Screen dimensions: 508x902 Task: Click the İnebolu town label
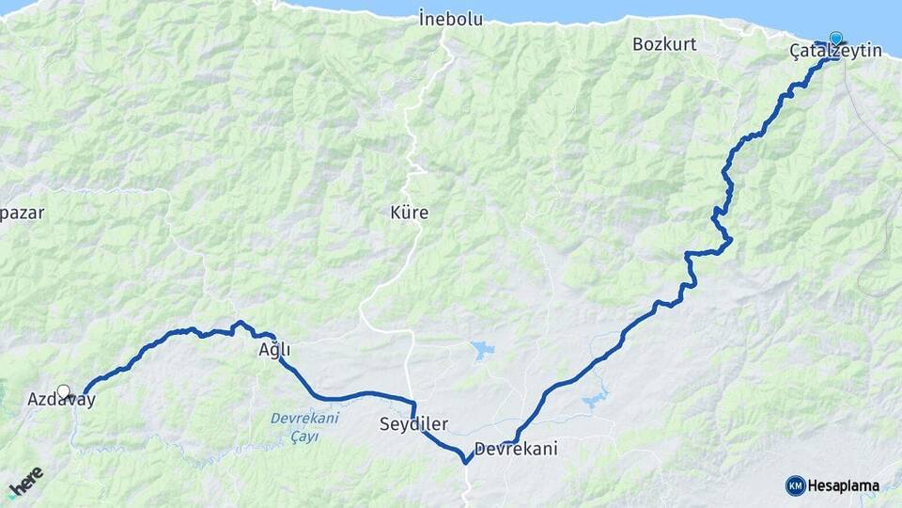(451, 18)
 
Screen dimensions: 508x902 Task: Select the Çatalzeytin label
(835, 51)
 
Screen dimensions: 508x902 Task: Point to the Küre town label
(409, 213)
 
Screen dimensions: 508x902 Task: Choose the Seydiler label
(413, 424)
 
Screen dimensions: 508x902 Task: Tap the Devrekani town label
(516, 449)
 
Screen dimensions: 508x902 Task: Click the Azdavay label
(61, 400)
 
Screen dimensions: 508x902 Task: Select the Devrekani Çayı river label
(303, 427)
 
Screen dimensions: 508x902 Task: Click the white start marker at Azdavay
(64, 391)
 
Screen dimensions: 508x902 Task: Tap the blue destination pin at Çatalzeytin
(835, 39)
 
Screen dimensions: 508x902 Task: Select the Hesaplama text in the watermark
(844, 486)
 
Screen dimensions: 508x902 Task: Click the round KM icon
(795, 485)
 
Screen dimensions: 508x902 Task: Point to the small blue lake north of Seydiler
(483, 351)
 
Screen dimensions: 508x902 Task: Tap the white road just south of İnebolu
(440, 66)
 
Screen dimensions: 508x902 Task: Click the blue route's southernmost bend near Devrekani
(466, 461)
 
